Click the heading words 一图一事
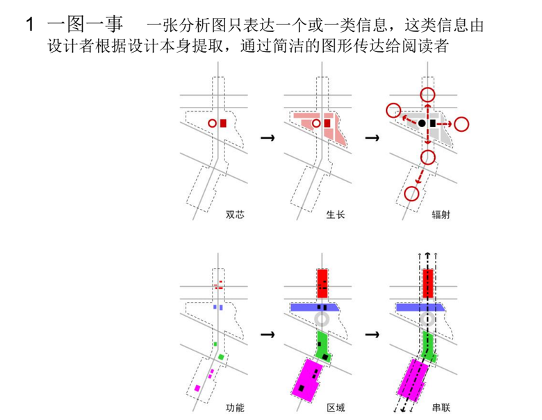[85, 26]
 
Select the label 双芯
[235, 215]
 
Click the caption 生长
[336, 215]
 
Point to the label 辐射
[440, 215]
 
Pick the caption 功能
[235, 407]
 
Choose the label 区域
[336, 407]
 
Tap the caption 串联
[440, 407]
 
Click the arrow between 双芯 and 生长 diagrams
[265, 138]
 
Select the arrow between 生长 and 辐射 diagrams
[372, 138]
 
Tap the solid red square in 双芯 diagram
[223, 123]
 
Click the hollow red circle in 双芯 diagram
[212, 123]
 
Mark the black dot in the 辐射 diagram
[422, 124]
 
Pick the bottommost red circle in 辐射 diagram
[411, 194]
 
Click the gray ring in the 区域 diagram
[322, 319]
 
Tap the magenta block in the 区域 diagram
[306, 378]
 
